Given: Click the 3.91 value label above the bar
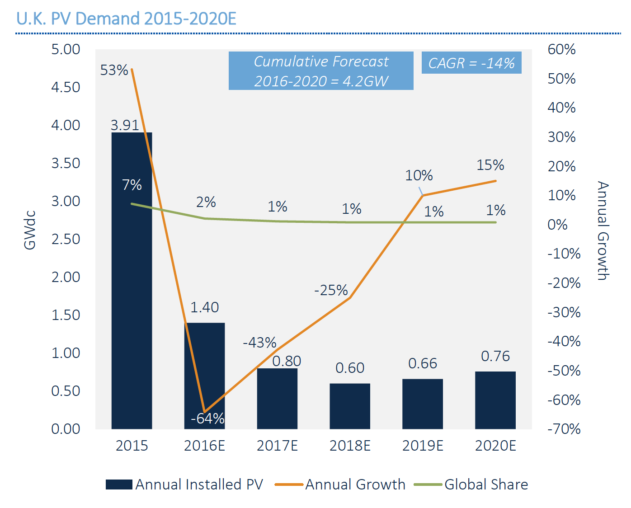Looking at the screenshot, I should click(x=125, y=125).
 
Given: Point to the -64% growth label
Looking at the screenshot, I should click(x=207, y=419).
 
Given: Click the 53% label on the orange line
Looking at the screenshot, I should click(x=114, y=70).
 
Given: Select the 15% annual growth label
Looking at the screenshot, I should click(x=490, y=165).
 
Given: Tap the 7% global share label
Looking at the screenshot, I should click(x=132, y=185).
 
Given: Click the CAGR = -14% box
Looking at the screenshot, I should click(x=471, y=63).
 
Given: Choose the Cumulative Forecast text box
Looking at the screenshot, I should click(x=321, y=71).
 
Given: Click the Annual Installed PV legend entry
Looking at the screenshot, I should click(x=184, y=484).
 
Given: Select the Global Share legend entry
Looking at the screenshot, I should click(x=471, y=484).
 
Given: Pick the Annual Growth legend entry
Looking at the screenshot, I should click(x=340, y=484).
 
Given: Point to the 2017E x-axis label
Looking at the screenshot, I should click(x=277, y=446).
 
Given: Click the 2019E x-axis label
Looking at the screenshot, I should click(x=423, y=446).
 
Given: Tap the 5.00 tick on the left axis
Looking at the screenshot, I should click(x=66, y=49).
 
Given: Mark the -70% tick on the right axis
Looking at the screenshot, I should click(x=564, y=428).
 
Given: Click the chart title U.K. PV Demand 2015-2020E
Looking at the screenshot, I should click(x=126, y=19).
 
